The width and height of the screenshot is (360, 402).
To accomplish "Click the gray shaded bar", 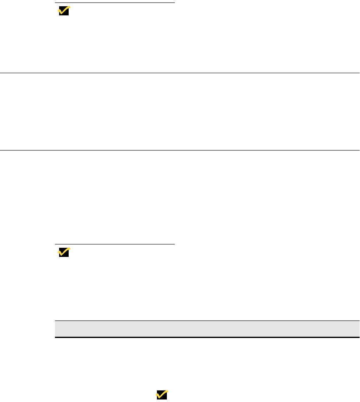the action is click(x=207, y=328).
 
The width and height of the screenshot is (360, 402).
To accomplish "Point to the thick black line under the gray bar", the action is click(x=207, y=337).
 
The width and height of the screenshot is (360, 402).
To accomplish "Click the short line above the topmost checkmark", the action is click(x=115, y=3).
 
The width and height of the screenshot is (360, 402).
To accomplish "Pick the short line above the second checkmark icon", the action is click(x=115, y=244).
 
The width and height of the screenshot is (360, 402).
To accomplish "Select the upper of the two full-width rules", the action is click(x=180, y=73).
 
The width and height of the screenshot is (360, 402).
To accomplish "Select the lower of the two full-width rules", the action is click(x=180, y=150).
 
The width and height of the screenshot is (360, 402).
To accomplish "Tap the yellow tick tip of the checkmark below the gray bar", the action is click(x=166, y=391).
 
